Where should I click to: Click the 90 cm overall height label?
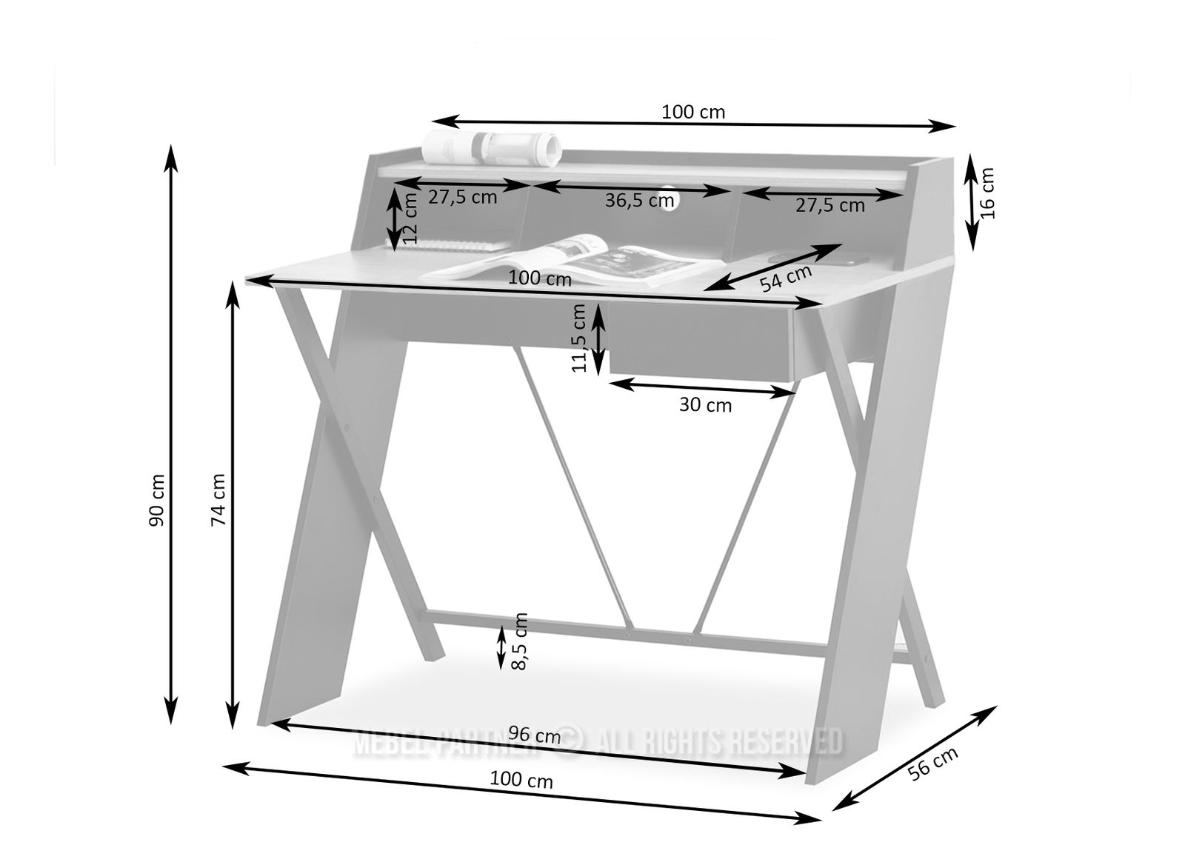157,500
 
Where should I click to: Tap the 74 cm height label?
218,499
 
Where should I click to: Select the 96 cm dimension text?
534,735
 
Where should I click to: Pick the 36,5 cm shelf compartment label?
640,201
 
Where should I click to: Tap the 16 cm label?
987,193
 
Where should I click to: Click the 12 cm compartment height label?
410,218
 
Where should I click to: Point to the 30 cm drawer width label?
705,405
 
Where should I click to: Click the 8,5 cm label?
520,642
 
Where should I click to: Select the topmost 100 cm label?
693,112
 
